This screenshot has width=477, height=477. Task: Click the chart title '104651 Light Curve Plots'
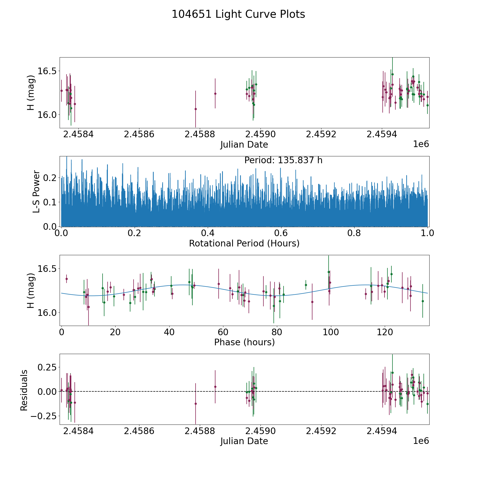[x=238, y=14]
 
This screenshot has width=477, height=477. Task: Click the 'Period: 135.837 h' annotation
[x=283, y=160]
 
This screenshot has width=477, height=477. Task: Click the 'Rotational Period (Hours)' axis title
[x=244, y=243]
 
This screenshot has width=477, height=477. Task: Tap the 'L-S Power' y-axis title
[x=36, y=191]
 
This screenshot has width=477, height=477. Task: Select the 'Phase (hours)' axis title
[x=244, y=342]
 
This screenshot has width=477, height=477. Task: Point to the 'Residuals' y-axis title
[x=24, y=390]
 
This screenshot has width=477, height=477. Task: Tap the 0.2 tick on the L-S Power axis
[x=50, y=178]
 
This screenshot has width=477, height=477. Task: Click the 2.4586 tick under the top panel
[x=139, y=134]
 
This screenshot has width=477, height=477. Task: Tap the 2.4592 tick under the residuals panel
[x=321, y=431]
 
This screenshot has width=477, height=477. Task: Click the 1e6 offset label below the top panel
[x=421, y=144]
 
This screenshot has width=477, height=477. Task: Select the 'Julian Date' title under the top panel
[x=244, y=145]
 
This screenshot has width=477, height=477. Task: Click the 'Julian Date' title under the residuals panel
[x=244, y=441]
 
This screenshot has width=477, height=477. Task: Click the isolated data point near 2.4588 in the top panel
[x=196, y=109]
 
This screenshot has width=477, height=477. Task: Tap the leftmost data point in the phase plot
[x=67, y=279]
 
